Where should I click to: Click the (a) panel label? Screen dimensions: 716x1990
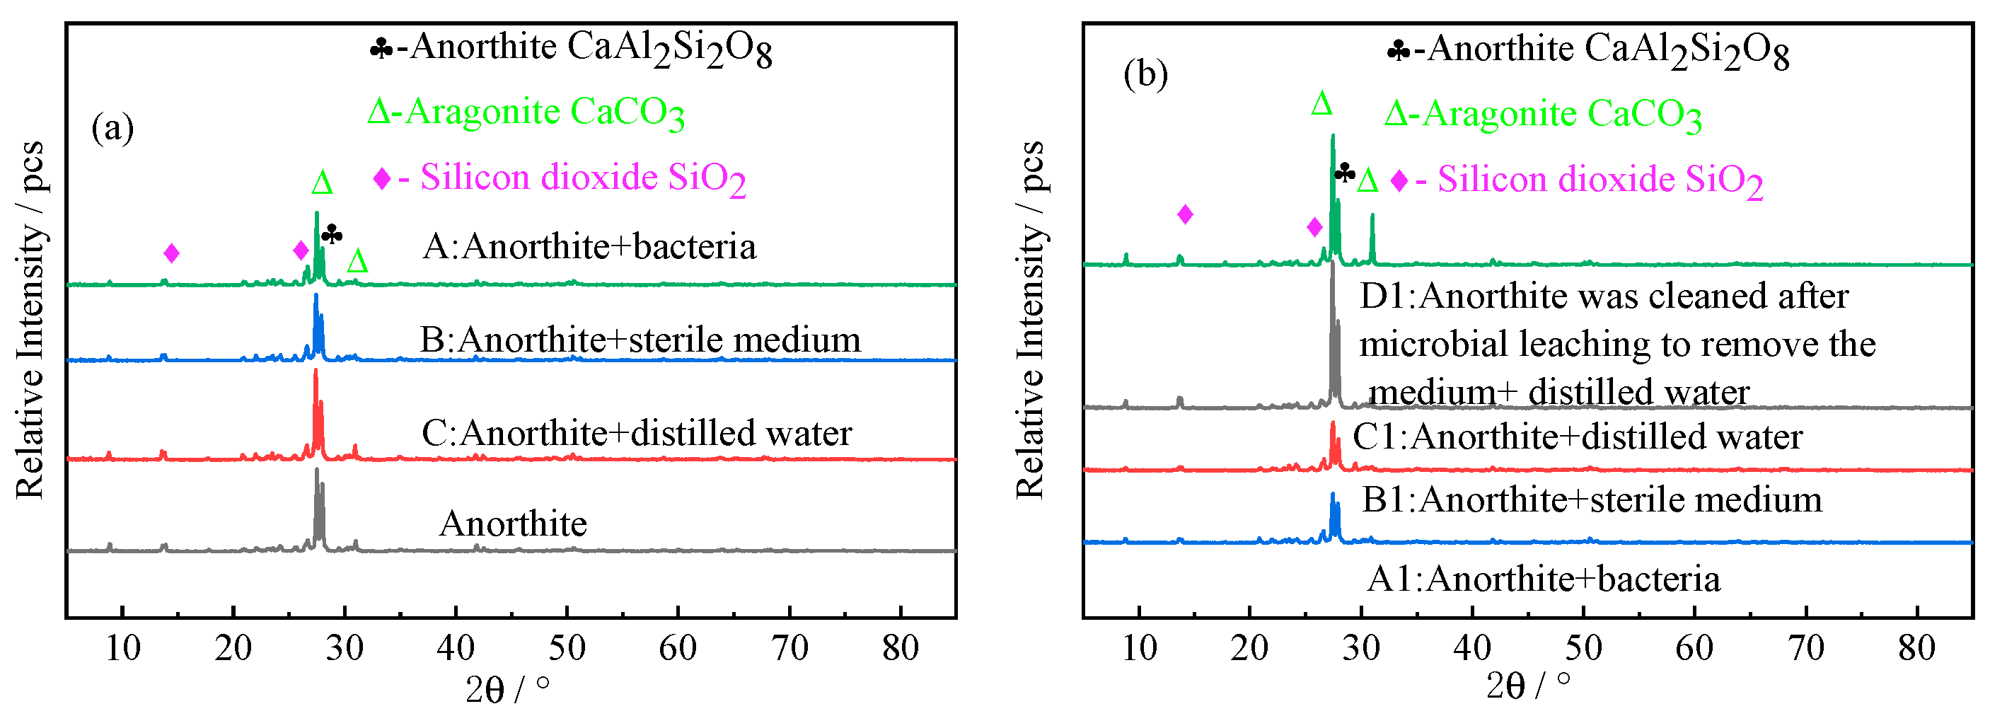[112, 127]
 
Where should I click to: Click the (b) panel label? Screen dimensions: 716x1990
[1145, 74]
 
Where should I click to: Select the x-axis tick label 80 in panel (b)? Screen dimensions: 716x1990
[1916, 648]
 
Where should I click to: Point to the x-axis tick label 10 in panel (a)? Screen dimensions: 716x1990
[122, 648]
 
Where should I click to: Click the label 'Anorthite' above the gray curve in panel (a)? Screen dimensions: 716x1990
[513, 524]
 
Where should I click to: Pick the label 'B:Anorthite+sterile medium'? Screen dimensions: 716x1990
[640, 340]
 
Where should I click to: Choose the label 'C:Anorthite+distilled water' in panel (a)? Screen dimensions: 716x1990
[636, 433]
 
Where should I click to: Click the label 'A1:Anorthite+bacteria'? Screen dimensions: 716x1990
[1543, 579]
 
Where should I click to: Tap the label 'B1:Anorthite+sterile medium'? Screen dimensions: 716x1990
[1592, 500]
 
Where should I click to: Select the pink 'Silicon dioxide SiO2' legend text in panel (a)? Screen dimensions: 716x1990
[582, 178]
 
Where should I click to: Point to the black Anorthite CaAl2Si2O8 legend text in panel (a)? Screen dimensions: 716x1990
[590, 48]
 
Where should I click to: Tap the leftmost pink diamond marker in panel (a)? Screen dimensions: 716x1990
[171, 253]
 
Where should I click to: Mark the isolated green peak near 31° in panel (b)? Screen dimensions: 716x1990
[1372, 220]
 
